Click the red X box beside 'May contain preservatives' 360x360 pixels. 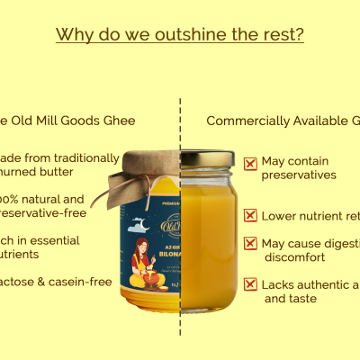250,164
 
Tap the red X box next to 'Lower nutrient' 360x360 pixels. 250,216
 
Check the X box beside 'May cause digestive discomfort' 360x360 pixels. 250,244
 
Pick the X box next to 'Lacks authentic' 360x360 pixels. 250,285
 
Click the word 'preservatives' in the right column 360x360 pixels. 299,175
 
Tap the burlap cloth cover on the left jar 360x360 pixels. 148,167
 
